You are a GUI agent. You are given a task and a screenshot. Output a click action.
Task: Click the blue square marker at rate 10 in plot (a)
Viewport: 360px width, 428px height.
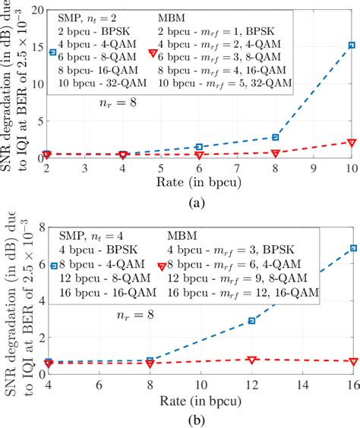(x=352, y=46)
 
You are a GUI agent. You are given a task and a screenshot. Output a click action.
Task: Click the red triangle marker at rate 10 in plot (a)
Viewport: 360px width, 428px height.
(x=352, y=142)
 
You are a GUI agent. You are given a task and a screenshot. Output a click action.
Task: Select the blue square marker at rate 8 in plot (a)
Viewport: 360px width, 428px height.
(x=276, y=137)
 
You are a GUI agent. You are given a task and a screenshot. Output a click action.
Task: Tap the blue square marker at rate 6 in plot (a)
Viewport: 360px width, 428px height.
(x=199, y=146)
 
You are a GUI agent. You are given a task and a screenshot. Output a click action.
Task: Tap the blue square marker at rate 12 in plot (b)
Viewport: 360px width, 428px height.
(x=251, y=321)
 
